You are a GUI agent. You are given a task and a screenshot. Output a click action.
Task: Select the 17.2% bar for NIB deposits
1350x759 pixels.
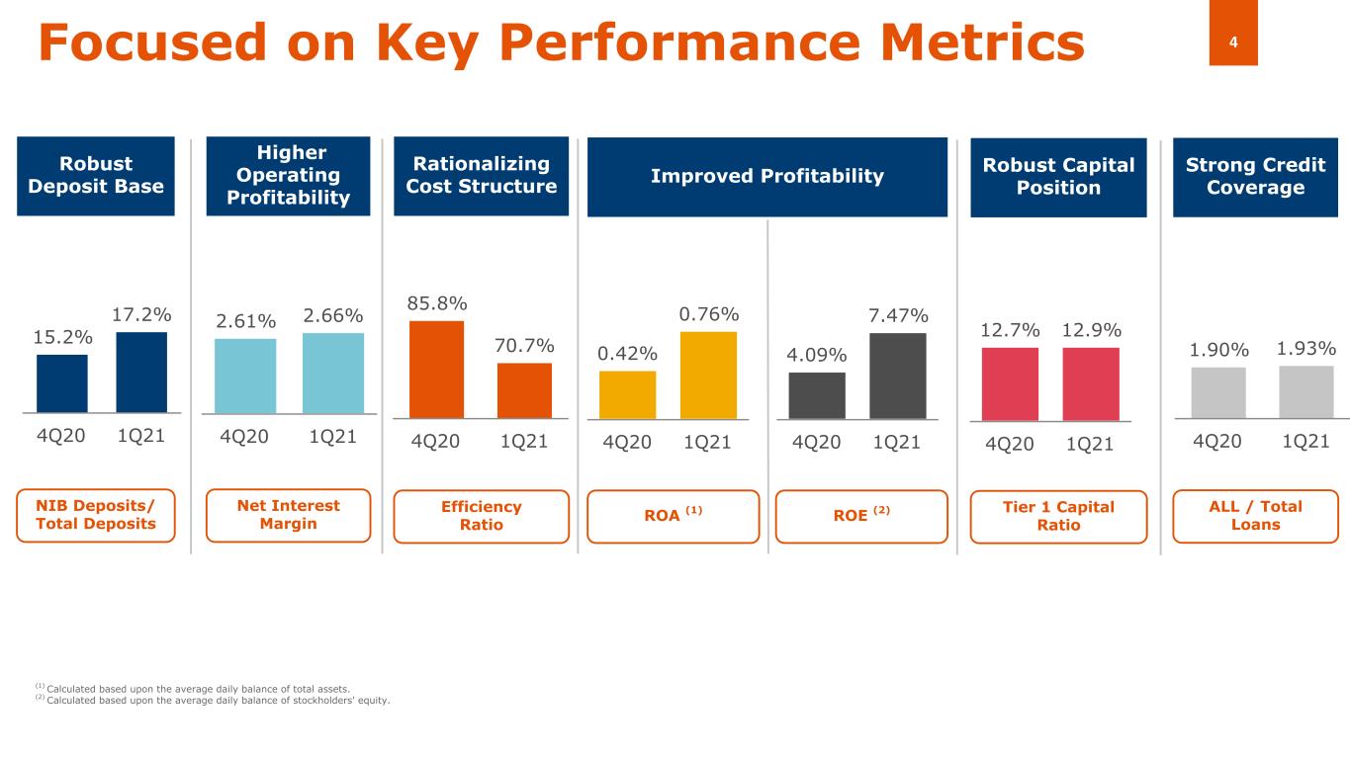[x=141, y=372]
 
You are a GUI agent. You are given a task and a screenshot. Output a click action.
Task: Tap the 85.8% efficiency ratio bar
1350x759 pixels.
[x=436, y=369]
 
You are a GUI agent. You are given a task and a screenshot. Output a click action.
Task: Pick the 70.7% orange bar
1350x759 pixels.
[x=524, y=390]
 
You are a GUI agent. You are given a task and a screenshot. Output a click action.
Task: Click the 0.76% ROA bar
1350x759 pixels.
[x=708, y=375]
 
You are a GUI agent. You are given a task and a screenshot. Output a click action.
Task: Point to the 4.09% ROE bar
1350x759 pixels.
[x=817, y=395]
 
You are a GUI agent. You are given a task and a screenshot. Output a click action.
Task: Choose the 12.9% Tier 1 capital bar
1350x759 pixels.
[x=1091, y=382]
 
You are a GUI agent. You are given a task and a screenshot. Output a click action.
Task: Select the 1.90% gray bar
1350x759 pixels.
[x=1218, y=392]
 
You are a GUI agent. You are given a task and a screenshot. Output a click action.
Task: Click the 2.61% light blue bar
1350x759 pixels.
[x=245, y=375]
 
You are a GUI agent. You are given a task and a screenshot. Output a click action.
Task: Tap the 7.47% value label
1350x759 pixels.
[x=898, y=315]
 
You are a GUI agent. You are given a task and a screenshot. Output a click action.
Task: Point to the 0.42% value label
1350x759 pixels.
[x=627, y=353]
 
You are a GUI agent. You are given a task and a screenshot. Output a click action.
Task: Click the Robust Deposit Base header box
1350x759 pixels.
[x=96, y=176]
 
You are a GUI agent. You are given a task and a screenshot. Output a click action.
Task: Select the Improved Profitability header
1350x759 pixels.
[x=766, y=177]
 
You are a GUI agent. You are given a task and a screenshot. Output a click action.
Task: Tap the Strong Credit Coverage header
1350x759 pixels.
[x=1255, y=176]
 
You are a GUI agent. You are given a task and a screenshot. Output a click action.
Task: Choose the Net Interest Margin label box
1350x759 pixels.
[x=288, y=515]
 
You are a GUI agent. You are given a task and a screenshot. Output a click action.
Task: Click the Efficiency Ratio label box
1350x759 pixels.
[x=481, y=516]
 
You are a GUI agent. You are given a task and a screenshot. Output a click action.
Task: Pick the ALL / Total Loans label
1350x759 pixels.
[x=1255, y=515]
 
